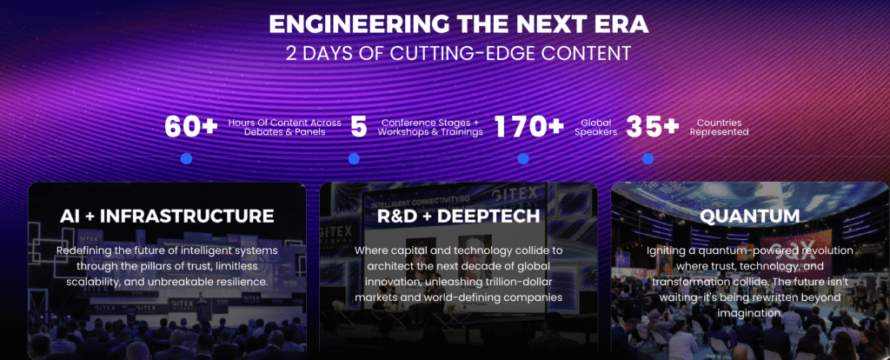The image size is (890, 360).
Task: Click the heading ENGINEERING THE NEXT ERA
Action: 458,25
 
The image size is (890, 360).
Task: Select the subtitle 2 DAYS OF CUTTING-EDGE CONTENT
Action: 458,53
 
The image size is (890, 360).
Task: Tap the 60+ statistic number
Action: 191,127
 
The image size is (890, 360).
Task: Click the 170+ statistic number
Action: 529,127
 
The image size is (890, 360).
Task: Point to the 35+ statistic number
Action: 653,127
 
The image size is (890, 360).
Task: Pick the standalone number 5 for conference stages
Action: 359,127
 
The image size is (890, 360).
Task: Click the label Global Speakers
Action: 596,127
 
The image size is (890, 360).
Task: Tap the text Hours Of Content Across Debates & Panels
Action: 285,127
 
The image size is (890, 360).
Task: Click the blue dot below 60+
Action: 186,158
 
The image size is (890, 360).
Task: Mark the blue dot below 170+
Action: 523,158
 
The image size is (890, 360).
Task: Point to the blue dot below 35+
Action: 648,158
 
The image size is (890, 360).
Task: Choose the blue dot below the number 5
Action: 355,158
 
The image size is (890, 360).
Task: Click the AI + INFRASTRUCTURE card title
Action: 167,216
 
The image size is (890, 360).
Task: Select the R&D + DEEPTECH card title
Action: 458,216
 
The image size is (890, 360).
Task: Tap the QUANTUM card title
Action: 750,216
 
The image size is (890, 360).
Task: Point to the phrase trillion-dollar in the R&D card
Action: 517,283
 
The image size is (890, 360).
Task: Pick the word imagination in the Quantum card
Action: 750,313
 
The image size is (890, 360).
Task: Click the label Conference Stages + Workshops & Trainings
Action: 430,127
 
